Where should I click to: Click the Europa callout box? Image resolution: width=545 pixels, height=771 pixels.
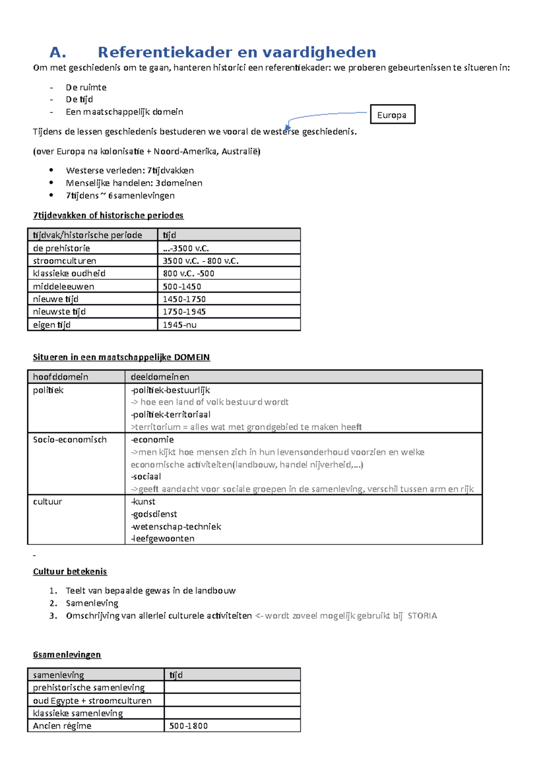pos(392,114)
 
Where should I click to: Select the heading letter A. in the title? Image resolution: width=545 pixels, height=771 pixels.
pos(58,53)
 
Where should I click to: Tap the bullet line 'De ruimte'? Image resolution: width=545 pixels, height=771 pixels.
pos(86,87)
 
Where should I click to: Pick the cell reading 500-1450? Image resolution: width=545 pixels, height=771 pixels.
pos(182,287)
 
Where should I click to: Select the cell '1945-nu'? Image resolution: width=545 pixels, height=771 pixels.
pos(180,325)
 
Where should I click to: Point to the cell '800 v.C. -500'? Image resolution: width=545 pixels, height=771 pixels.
pos(188,273)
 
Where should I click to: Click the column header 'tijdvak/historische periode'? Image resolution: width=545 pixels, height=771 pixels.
pos(87,235)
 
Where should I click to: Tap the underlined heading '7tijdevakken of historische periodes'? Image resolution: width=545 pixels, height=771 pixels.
pos(108,215)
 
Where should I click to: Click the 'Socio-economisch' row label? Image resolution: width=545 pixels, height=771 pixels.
pos(70,440)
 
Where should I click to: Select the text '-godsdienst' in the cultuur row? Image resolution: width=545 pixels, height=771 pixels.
pos(154,514)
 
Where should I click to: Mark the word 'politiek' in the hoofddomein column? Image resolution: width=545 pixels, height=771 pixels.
pos(48,390)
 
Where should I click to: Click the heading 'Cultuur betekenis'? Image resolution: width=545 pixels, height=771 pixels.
pos(70,571)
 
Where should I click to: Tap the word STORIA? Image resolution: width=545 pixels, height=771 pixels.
pos(422,616)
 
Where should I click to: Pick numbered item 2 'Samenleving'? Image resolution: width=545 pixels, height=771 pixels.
pos(92,603)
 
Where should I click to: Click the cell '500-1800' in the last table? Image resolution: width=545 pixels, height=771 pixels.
pos(188,726)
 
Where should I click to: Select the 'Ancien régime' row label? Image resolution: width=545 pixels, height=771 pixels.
pos(62,726)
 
